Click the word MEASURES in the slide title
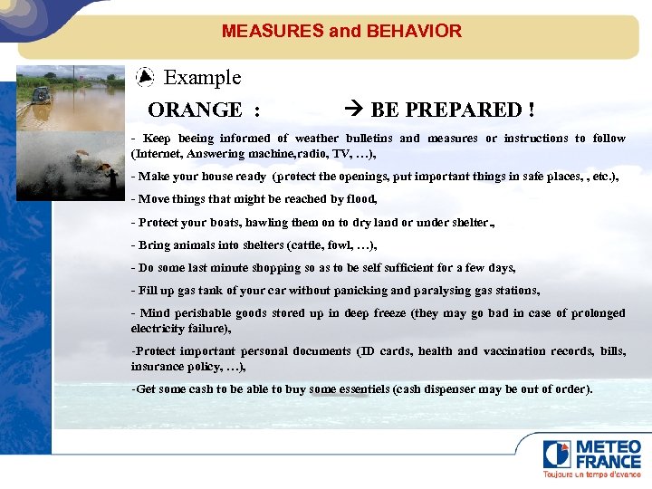point(273,31)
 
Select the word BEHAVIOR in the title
point(414,31)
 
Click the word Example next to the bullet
point(202,78)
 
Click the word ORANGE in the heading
point(195,110)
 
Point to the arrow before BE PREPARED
point(355,110)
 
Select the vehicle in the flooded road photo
point(41,95)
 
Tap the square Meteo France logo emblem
point(556,454)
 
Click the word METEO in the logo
point(609,447)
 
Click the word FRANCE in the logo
point(609,462)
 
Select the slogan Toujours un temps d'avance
point(591,475)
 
